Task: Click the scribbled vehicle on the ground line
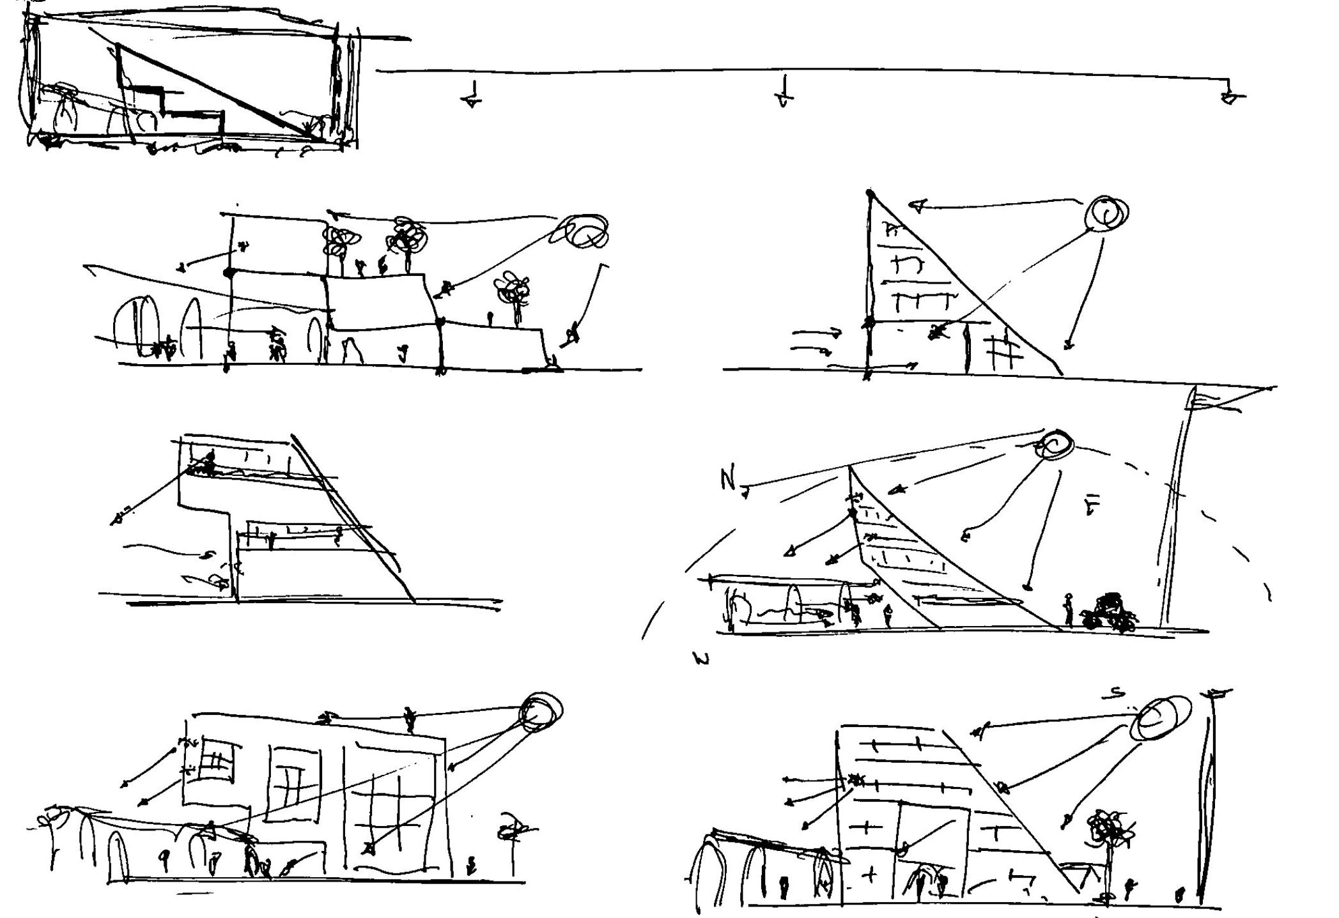click(x=1110, y=614)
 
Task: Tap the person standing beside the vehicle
click(x=1068, y=609)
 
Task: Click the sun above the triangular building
click(x=1107, y=213)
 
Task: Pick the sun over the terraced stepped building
click(x=585, y=231)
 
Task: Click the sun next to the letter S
click(x=1161, y=717)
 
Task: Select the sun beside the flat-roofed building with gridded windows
click(x=542, y=711)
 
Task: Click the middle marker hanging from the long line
click(x=784, y=93)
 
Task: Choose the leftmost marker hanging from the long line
click(x=472, y=96)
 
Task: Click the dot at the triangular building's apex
click(x=870, y=192)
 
